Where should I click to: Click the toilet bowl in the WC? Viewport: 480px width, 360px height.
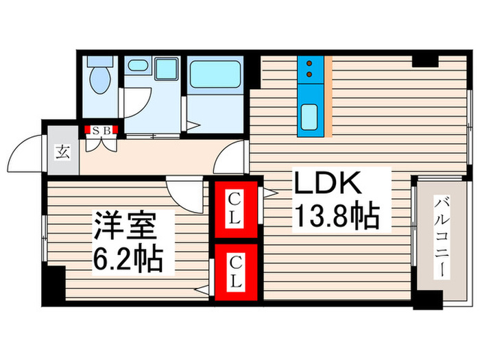(100, 80)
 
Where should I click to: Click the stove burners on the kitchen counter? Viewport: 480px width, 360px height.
(309, 67)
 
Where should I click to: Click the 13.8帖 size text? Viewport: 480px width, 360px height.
(336, 218)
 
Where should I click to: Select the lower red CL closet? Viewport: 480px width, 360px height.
(235, 272)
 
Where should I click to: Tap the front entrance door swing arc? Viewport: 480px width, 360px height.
(27, 147)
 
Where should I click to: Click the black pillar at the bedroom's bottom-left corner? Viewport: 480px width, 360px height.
(52, 286)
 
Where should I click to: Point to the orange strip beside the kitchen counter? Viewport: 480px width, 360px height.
(328, 96)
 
